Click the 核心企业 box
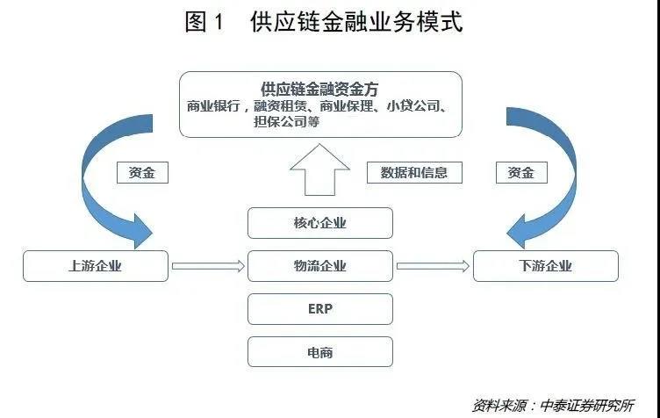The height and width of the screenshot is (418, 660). coord(319,223)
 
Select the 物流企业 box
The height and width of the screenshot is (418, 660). coord(319,266)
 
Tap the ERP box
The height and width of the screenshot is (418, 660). coord(319,309)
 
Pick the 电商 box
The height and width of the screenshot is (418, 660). coord(319,352)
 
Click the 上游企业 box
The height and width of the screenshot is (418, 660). coord(96,266)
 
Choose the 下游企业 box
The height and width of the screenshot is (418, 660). coord(545,266)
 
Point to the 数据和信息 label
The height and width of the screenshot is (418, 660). coord(413,172)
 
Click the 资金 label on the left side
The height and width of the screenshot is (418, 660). coord(141,172)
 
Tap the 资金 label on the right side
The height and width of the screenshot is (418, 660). coord(521,172)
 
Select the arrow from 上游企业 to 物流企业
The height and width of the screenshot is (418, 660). coord(208,266)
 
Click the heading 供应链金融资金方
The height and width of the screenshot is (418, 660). coord(319,90)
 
